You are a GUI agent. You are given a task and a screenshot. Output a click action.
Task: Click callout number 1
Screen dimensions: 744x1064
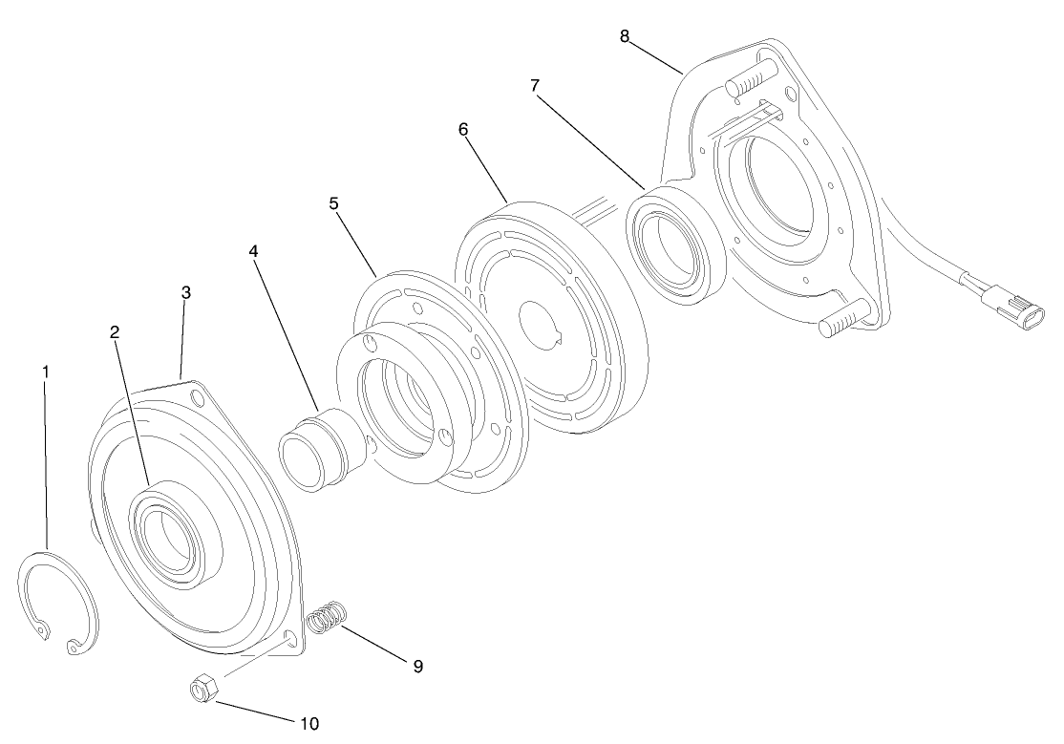click(45, 370)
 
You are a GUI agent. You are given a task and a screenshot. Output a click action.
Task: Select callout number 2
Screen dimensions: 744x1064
click(115, 332)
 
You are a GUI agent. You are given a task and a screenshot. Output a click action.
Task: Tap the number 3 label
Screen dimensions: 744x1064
click(185, 292)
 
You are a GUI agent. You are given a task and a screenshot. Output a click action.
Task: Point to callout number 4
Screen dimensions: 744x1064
click(253, 250)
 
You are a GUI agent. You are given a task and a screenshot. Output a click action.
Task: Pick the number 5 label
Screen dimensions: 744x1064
click(334, 203)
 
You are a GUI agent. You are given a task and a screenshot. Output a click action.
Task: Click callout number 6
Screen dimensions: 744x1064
click(463, 129)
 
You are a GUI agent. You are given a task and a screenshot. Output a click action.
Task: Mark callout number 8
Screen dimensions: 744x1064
click(625, 36)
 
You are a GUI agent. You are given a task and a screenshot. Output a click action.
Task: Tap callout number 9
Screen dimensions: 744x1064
click(417, 666)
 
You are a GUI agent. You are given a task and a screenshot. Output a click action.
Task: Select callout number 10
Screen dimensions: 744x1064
click(309, 723)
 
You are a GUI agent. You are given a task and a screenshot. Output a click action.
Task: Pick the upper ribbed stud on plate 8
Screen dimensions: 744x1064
click(754, 78)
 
